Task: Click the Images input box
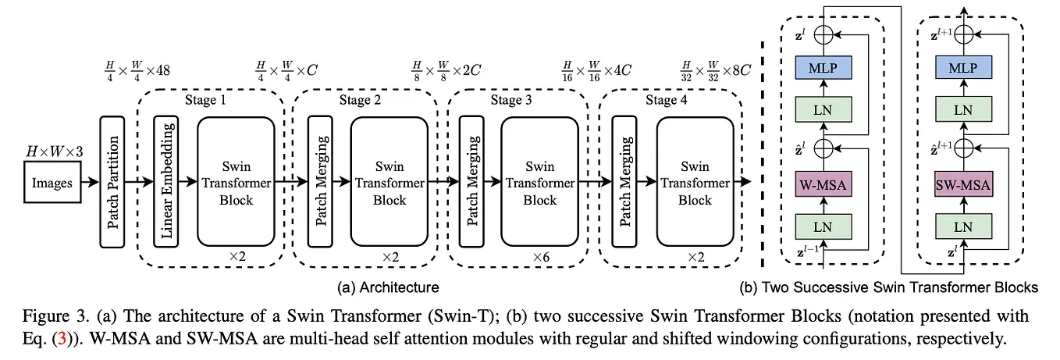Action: click(x=52, y=184)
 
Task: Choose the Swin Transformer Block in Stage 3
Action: click(x=540, y=184)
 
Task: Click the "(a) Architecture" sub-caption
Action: click(x=388, y=287)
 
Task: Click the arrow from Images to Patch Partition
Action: click(x=91, y=184)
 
